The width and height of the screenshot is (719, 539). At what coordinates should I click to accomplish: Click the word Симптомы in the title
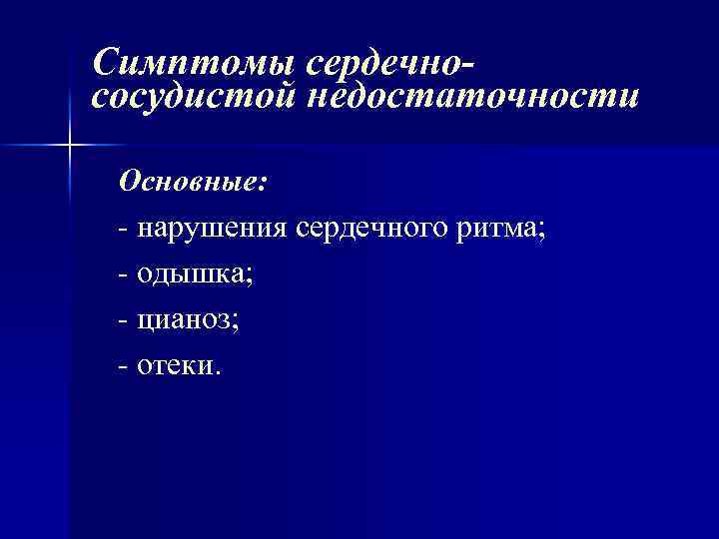coord(195,64)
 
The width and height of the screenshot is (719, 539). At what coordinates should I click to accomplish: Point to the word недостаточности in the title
coord(470,98)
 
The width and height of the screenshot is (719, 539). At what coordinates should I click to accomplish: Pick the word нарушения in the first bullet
coord(212,229)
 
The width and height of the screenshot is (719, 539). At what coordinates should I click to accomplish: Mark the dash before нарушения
coord(122,230)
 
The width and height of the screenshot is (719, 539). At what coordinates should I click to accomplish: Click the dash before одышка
coord(122,275)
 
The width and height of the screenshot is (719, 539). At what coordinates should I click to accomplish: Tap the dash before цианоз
coord(122,321)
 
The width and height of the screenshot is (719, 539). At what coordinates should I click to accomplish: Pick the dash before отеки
coord(122,367)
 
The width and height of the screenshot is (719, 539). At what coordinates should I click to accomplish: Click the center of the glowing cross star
coord(69,146)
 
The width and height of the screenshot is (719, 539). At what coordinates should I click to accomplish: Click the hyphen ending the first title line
coord(468,68)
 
